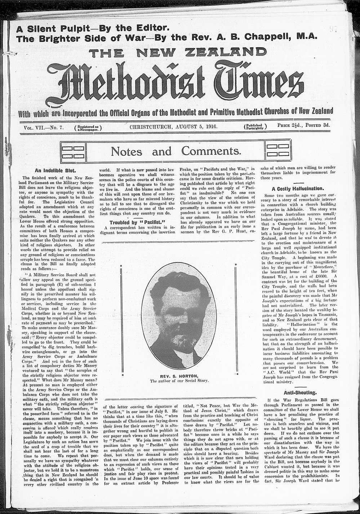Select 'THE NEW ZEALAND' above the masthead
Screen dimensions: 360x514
pos(178,52)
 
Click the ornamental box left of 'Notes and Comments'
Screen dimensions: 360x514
pos(73,151)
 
